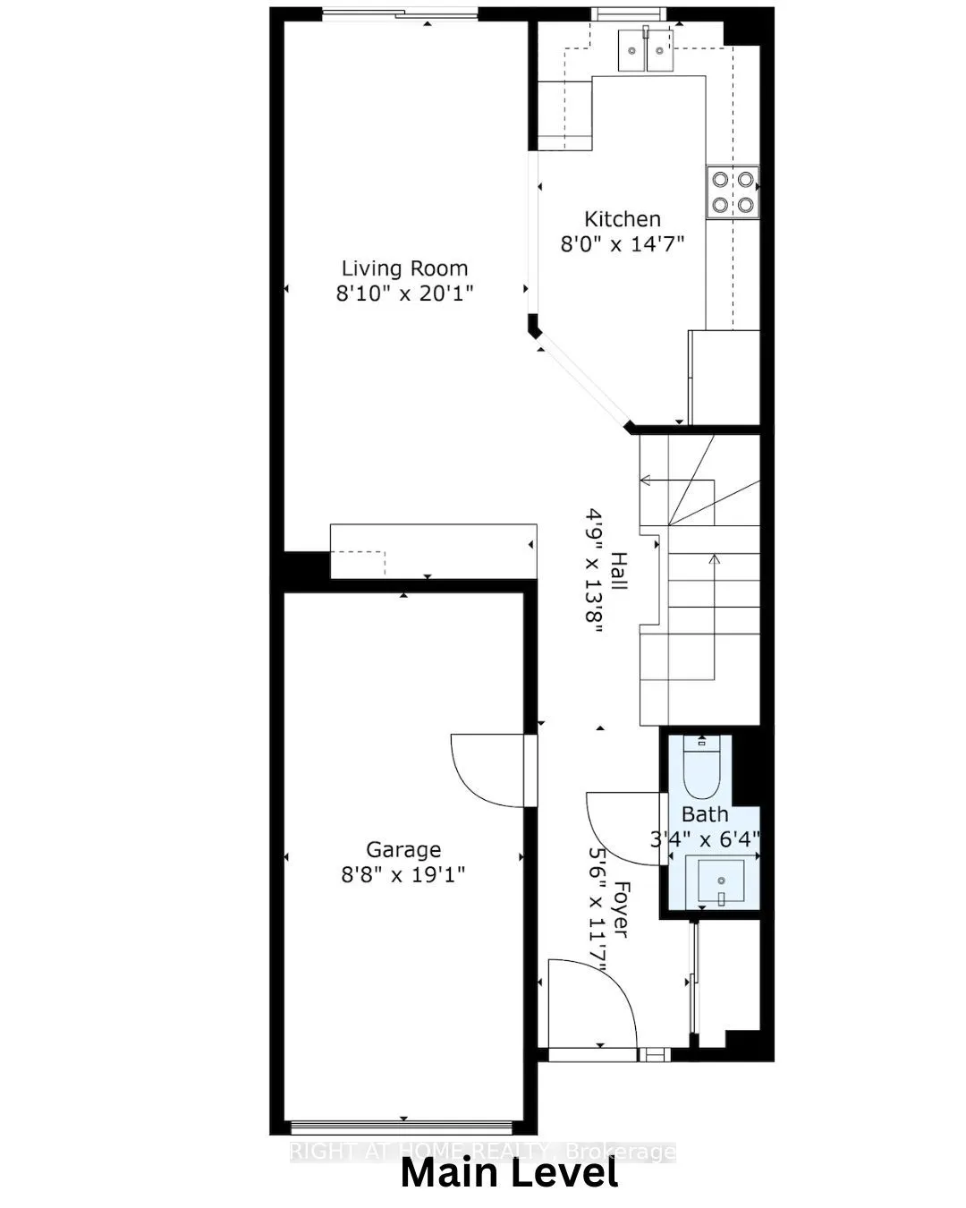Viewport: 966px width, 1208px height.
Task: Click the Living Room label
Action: point(404,268)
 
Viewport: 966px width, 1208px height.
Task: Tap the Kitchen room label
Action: point(623,219)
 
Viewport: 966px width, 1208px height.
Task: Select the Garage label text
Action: point(403,850)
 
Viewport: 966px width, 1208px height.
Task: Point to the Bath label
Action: point(705,815)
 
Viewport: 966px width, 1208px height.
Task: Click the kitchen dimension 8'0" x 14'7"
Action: point(623,243)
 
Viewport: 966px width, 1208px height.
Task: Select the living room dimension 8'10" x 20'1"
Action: point(404,293)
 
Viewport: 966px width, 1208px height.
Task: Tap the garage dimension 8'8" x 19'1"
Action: point(403,874)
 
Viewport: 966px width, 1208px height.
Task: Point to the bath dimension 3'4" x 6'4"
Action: point(705,839)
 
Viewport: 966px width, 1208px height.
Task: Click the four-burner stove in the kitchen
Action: point(732,192)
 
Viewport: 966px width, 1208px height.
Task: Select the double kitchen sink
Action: point(646,48)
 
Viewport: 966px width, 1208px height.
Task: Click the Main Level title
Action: point(509,1173)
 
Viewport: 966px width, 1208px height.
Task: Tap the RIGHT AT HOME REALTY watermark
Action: point(483,1152)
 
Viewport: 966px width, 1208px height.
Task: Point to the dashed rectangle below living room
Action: point(359,564)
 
